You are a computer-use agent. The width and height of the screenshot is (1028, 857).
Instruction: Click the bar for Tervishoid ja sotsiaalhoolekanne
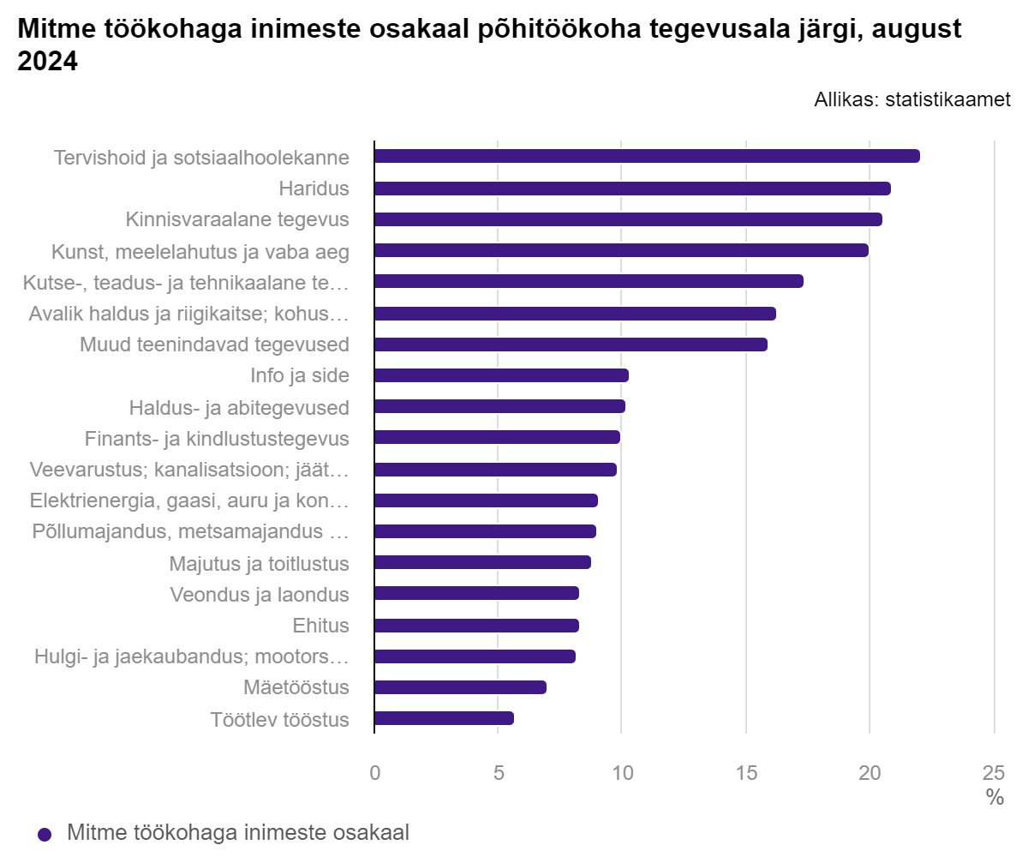tap(647, 156)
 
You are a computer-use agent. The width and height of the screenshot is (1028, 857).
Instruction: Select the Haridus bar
tap(632, 189)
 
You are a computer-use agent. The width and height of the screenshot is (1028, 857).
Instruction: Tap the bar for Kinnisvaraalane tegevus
tap(628, 219)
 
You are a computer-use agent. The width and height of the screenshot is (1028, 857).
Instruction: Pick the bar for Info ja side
tap(501, 375)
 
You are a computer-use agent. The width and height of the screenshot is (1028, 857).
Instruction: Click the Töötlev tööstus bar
tap(444, 718)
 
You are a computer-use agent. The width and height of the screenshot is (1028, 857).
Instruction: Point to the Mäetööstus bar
tap(460, 687)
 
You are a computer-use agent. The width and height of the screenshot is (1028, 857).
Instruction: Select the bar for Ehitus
tap(476, 626)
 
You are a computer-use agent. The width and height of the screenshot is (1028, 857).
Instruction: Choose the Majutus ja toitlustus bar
tap(482, 562)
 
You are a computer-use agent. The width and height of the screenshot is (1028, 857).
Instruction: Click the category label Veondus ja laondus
tap(260, 595)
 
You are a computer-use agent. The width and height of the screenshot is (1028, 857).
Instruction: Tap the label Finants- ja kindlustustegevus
tap(217, 439)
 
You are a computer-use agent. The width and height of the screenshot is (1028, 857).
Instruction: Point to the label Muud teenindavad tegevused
tap(214, 345)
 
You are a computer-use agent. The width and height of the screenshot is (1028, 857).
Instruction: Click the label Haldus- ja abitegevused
tap(239, 407)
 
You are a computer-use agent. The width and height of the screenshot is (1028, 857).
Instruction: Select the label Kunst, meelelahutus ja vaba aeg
tap(200, 251)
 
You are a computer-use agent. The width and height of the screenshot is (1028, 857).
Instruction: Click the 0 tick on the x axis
tap(374, 772)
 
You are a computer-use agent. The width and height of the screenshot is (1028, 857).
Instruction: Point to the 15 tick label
tap(746, 772)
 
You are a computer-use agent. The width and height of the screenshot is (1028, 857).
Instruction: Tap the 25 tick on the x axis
tap(994, 772)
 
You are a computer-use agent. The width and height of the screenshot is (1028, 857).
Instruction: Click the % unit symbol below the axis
tap(994, 798)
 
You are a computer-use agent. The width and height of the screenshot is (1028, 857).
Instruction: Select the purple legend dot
tap(45, 834)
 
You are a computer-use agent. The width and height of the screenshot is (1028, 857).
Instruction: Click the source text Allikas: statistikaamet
tap(912, 99)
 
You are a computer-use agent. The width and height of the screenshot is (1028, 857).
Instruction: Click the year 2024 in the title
tap(48, 63)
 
